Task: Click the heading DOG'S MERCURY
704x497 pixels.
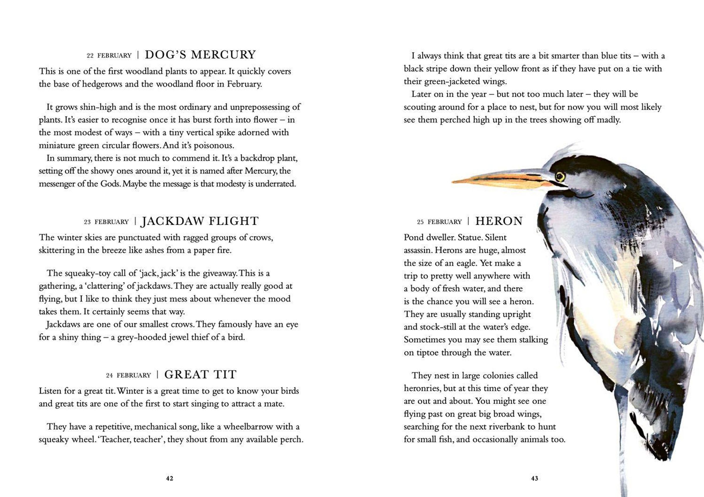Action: point(200,55)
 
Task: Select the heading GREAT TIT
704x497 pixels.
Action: point(200,375)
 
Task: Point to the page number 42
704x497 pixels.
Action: point(170,478)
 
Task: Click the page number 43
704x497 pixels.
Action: point(534,478)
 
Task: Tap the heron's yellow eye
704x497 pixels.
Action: point(560,176)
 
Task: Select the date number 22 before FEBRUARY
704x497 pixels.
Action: point(90,56)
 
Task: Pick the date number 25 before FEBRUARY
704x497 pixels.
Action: point(420,222)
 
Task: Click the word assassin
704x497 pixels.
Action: point(418,251)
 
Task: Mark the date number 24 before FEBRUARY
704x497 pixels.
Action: point(109,376)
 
